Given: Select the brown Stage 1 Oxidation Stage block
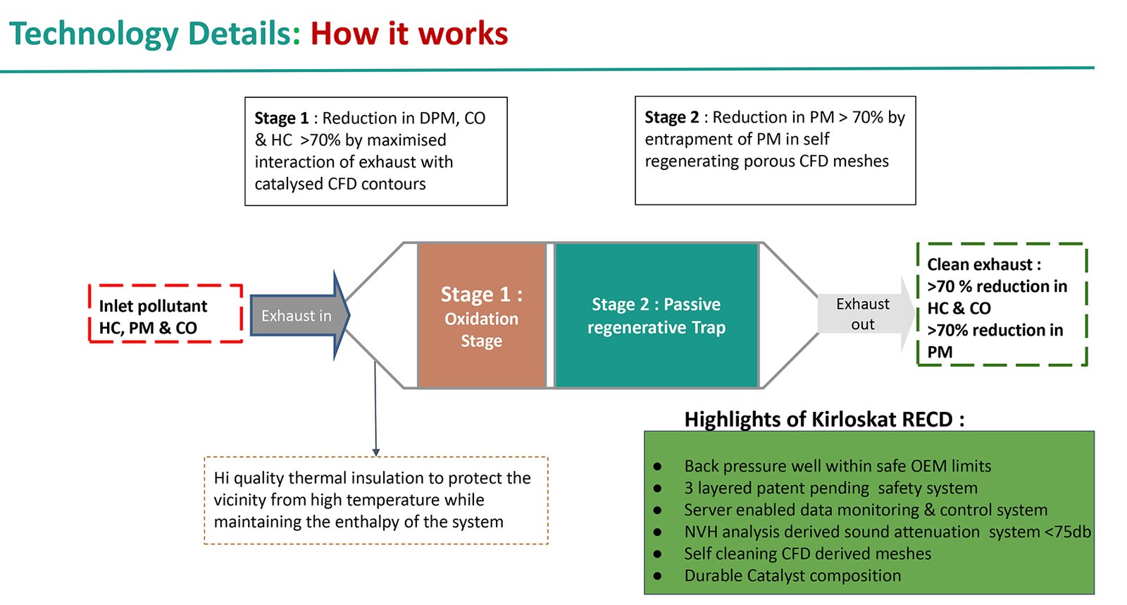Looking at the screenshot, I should coord(482,316).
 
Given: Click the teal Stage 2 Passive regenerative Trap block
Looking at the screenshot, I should coord(656,316).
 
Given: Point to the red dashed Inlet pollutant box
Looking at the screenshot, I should coord(166,314).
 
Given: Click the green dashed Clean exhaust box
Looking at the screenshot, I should coord(1002,305).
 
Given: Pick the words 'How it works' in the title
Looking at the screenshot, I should coord(409,34).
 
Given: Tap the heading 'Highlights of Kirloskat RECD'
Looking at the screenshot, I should coord(824,420).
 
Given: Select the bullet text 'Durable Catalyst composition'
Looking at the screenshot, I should coord(792,575).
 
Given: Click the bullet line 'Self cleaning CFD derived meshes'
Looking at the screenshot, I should coord(807,554).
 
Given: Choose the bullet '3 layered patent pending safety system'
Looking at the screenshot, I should coord(830,488).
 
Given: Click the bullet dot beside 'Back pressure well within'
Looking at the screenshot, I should coord(657,467).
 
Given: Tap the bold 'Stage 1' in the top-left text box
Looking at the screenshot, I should coord(281,118).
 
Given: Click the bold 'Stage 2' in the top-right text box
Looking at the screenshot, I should coord(671,117).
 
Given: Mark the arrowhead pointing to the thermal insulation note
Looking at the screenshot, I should coord(376,452).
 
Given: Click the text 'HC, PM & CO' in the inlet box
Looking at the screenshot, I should coord(148,328).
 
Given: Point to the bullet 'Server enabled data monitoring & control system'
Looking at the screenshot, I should coord(866,510).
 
